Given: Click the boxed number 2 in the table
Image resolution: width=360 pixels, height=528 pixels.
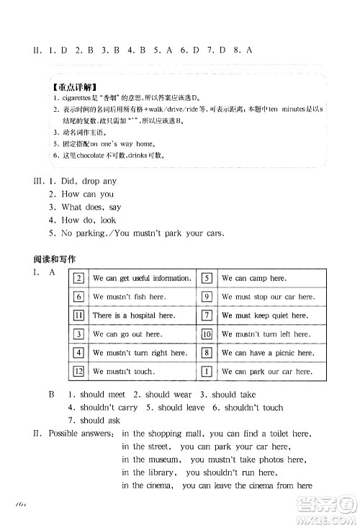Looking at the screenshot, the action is [79, 278].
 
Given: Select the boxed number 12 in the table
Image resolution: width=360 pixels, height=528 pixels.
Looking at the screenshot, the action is [79, 372].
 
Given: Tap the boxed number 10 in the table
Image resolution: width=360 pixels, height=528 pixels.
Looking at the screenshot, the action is [206, 334].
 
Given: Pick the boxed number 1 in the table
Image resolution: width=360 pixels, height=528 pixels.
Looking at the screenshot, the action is [206, 372].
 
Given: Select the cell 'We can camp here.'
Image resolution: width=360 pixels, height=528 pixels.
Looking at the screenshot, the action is [243, 278].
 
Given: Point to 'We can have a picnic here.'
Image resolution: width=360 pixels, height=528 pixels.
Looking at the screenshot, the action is [267, 353].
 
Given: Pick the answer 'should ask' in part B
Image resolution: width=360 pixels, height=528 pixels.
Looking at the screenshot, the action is [99, 421].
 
